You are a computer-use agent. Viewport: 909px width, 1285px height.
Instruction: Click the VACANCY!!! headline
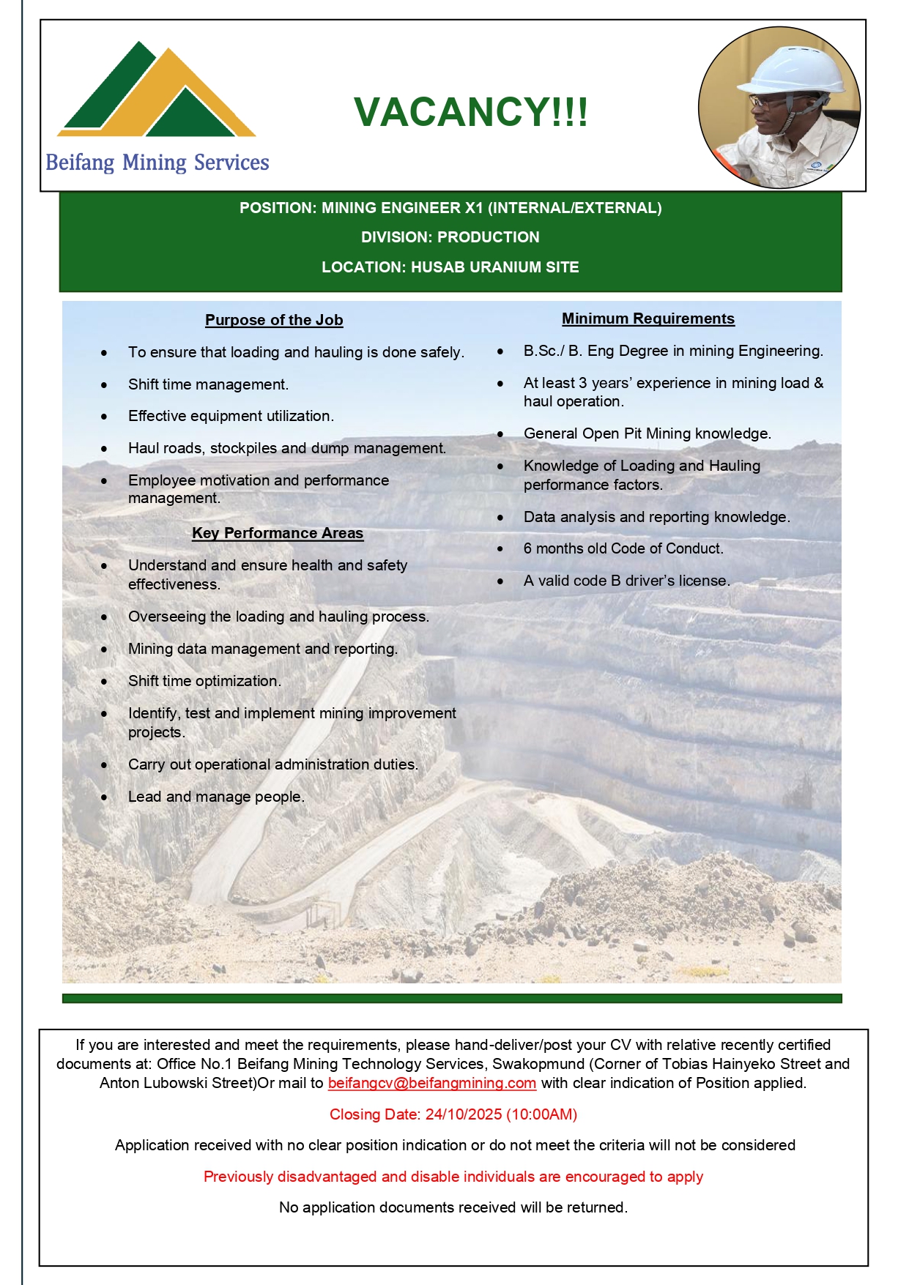pyautogui.click(x=470, y=112)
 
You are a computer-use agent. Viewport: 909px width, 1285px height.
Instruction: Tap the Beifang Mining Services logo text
pyautogui.click(x=157, y=163)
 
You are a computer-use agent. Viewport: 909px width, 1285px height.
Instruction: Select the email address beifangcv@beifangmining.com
pyautogui.click(x=432, y=1083)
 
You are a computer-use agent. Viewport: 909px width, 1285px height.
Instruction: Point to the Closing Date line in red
pyautogui.click(x=453, y=1114)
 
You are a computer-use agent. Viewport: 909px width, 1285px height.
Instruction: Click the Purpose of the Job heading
pyautogui.click(x=274, y=320)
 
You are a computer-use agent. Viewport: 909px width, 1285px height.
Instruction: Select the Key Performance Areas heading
pyautogui.click(x=278, y=533)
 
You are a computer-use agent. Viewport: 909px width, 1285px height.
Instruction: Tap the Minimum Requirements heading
pyautogui.click(x=648, y=319)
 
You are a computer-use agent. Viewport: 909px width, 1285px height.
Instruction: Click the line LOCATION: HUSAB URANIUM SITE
pyautogui.click(x=450, y=267)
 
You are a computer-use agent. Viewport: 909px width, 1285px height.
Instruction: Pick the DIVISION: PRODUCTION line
pyautogui.click(x=450, y=237)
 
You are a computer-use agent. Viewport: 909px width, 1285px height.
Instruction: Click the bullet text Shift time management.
pyautogui.click(x=208, y=384)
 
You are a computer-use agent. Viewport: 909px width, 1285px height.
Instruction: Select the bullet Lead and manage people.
pyautogui.click(x=216, y=797)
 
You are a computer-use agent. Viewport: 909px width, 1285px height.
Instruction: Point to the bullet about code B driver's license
pyautogui.click(x=627, y=581)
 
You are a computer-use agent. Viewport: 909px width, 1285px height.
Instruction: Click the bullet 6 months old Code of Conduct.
pyautogui.click(x=623, y=548)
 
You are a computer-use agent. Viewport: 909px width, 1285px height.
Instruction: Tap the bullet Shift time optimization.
pyautogui.click(x=204, y=681)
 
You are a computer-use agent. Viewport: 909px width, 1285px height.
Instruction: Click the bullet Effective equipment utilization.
pyautogui.click(x=231, y=416)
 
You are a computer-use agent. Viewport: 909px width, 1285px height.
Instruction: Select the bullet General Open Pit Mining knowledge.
pyautogui.click(x=648, y=433)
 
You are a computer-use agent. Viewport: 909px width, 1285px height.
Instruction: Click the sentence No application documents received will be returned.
pyautogui.click(x=453, y=1207)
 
